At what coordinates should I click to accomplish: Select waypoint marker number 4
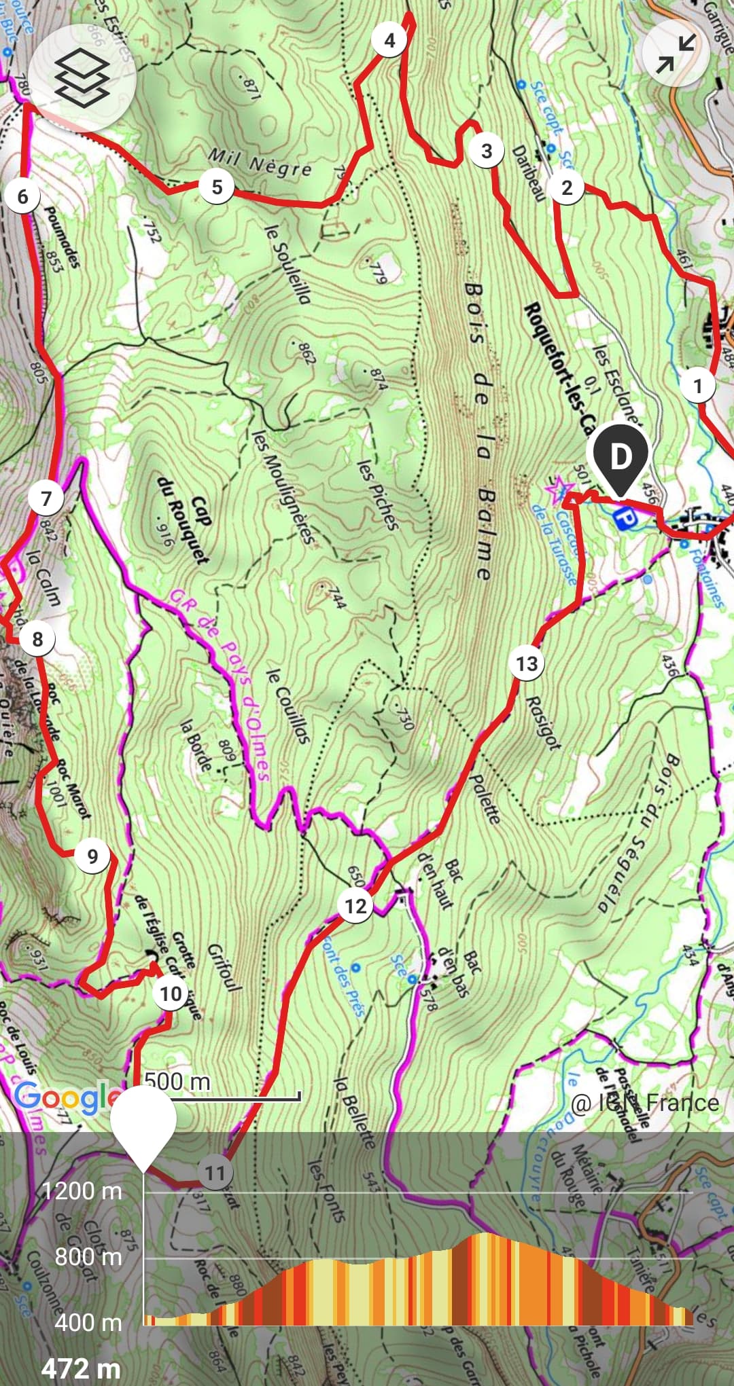[x=389, y=41]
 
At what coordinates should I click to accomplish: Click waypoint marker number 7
[x=46, y=499]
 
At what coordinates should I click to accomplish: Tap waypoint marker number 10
[x=170, y=994]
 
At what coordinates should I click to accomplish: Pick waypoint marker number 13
[x=527, y=663]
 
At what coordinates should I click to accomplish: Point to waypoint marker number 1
[x=697, y=386]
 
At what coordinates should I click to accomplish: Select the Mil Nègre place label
[x=260, y=164]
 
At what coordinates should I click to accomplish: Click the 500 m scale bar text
[x=177, y=1080]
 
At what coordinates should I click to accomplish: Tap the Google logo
[x=65, y=1097]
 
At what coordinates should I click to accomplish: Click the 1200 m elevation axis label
[x=82, y=1190]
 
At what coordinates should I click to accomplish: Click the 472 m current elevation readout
[x=81, y=1368]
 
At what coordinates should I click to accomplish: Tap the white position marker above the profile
[x=143, y=1123]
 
